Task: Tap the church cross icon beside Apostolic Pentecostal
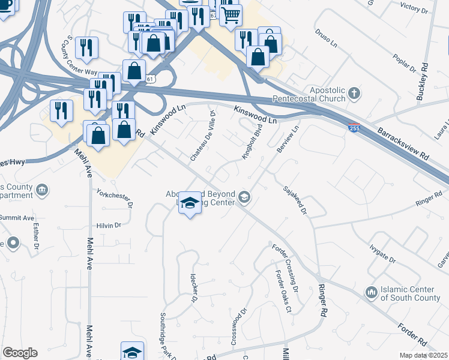[x=354, y=94]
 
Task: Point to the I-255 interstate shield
[x=354, y=128]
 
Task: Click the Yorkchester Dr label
[x=114, y=197]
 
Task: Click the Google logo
[x=20, y=353]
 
